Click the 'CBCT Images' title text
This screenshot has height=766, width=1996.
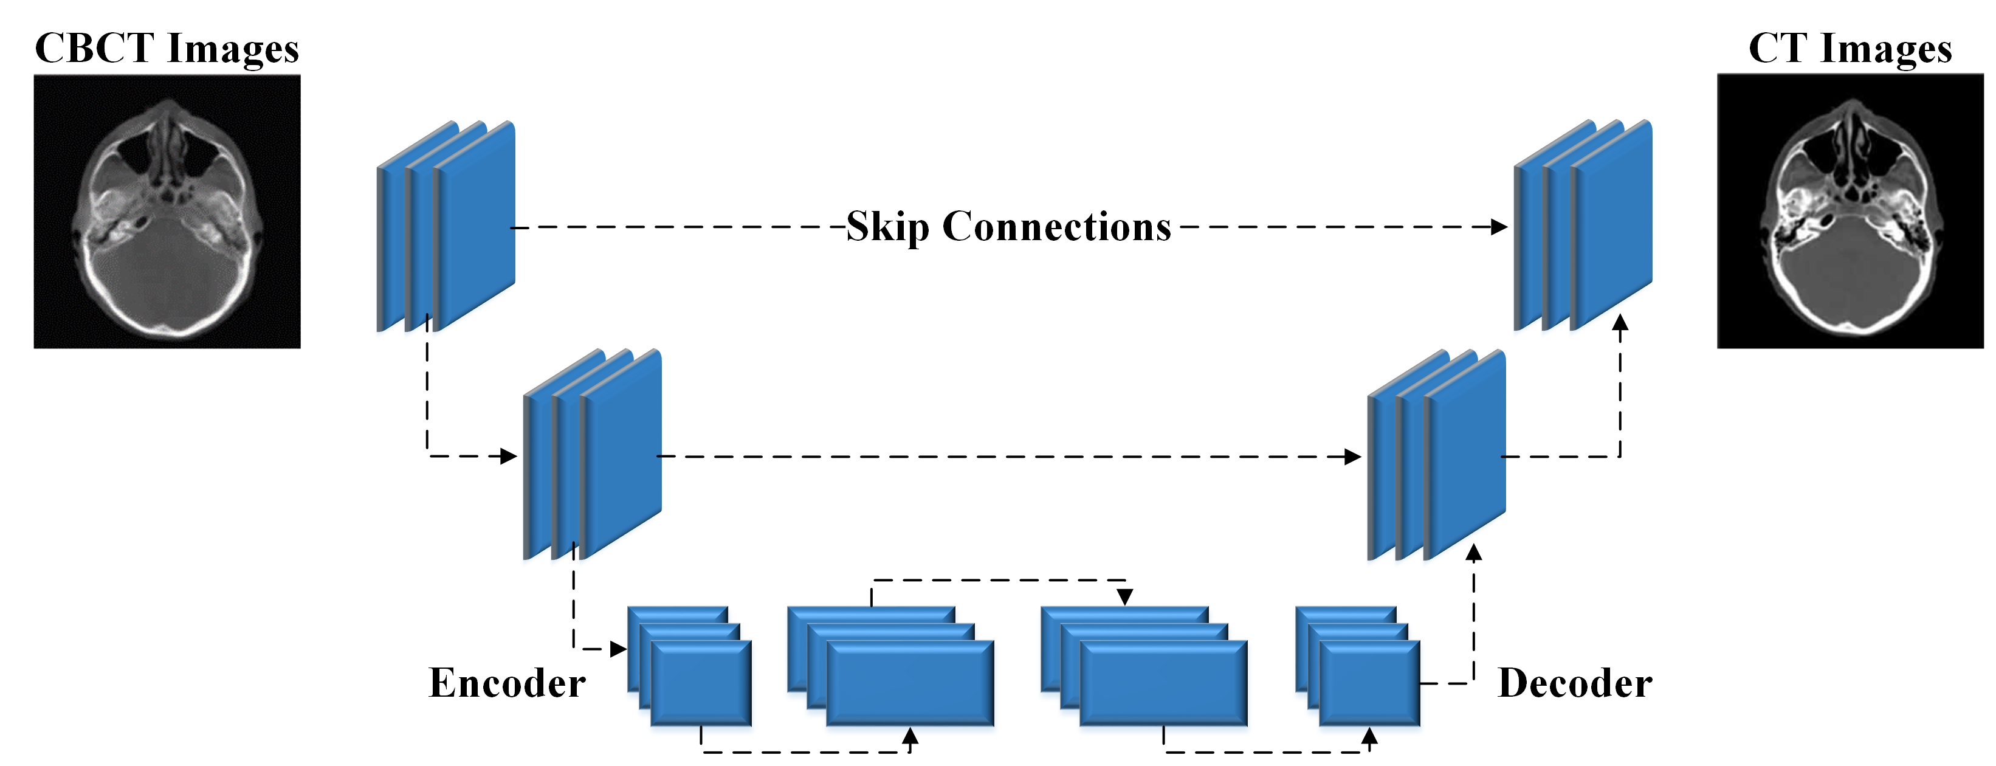pos(167,48)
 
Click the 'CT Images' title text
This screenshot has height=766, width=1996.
pos(1850,48)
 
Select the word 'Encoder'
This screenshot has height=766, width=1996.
pos(507,683)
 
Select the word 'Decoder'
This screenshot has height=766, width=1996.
pos(1574,683)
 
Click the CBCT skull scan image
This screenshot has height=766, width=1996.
pos(167,212)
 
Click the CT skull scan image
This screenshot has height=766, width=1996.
pos(1850,212)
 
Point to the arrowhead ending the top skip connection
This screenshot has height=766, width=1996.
pos(1499,227)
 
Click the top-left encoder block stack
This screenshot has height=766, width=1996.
pos(446,226)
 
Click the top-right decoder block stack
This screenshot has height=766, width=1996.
pos(1583,225)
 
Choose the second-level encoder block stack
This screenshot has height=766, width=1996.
pos(592,454)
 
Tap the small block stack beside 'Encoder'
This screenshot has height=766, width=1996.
pos(690,667)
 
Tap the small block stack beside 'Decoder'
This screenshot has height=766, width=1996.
pos(1358,667)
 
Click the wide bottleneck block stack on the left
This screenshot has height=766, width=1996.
pos(891,667)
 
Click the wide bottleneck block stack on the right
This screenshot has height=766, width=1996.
pos(1144,667)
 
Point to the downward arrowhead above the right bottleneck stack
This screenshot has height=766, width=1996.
pos(1125,597)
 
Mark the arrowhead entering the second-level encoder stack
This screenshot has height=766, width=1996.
pos(509,456)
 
